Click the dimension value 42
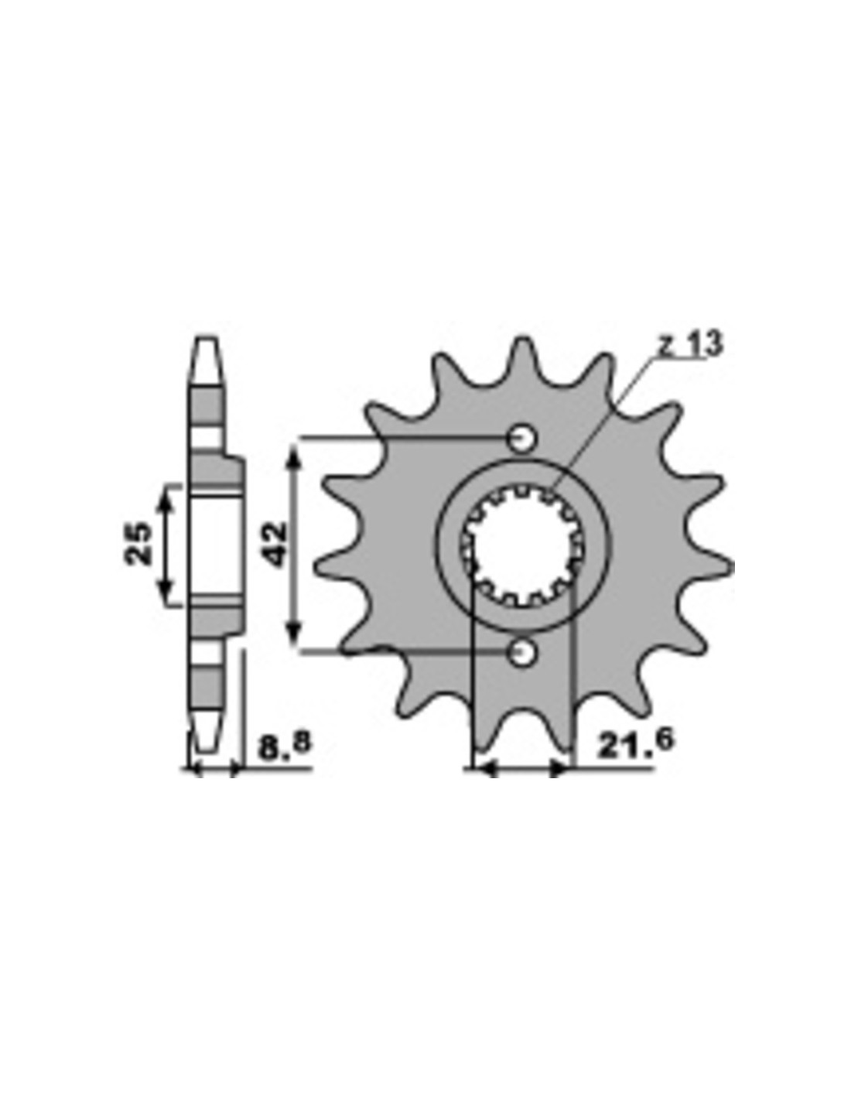click(x=275, y=544)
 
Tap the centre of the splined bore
click(x=524, y=545)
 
